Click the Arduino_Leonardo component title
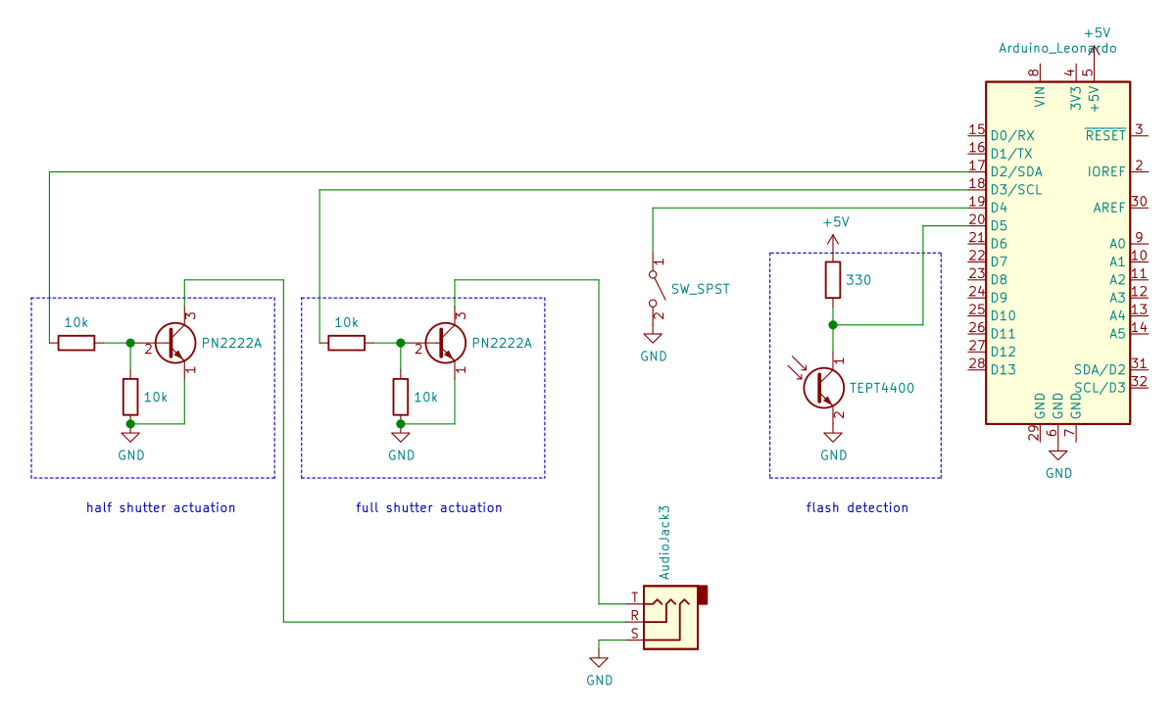tap(1056, 48)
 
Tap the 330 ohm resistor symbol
tap(832, 280)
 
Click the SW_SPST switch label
tap(700, 290)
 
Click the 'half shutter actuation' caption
tap(161, 507)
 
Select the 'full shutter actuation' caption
tap(428, 507)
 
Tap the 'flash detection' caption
tap(857, 507)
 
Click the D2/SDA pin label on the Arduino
tap(1016, 171)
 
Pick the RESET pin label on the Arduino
tap(1105, 135)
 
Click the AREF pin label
tap(1109, 208)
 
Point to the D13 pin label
tap(1003, 369)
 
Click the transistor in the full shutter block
tap(446, 343)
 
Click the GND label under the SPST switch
tap(654, 357)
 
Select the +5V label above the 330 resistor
tap(835, 222)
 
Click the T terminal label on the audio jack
tap(634, 597)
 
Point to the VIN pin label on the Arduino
tap(1040, 96)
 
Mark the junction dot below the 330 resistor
tap(832, 324)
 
